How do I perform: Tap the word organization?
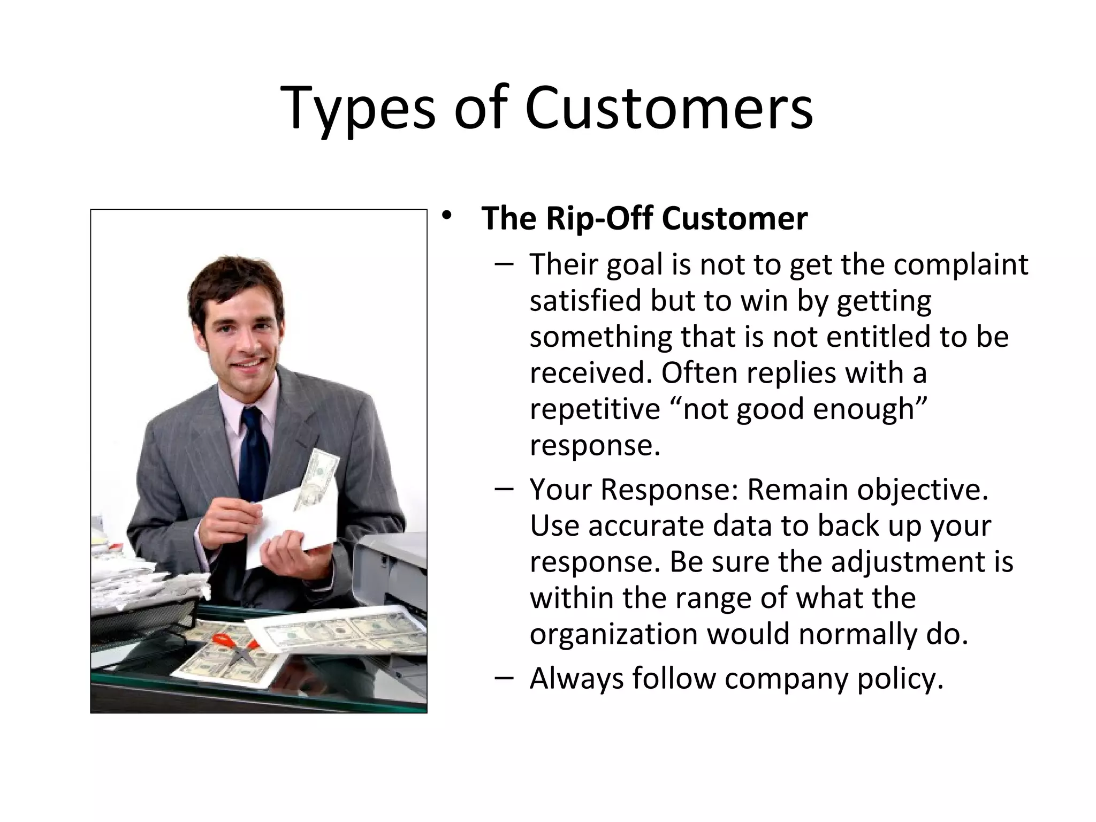click(613, 635)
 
